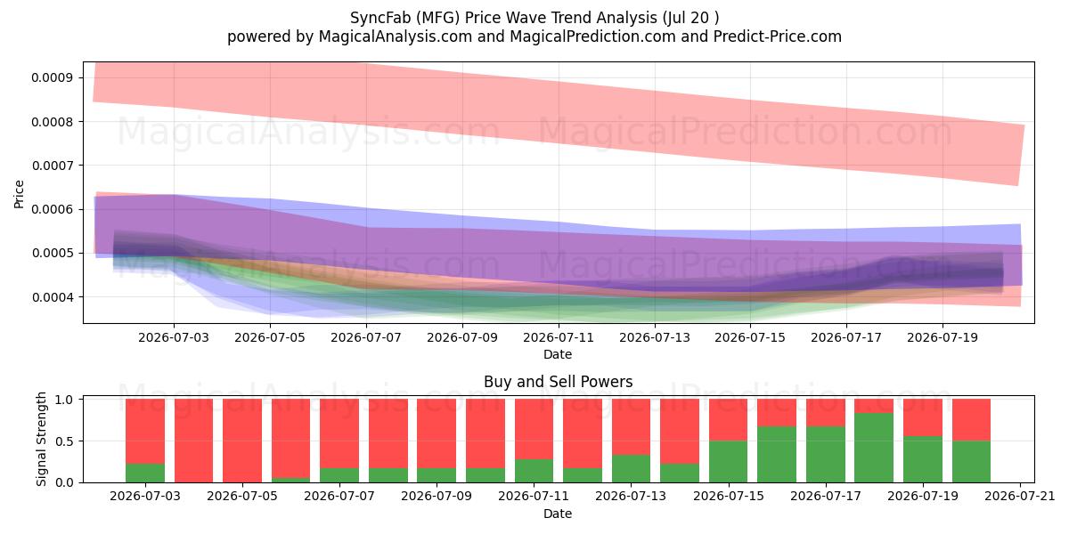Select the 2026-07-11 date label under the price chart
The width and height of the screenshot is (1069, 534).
click(559, 337)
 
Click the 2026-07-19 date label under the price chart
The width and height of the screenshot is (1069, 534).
click(943, 337)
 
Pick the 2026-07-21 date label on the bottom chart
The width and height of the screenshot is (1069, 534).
click(1020, 497)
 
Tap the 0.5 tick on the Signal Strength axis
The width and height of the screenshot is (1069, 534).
click(64, 441)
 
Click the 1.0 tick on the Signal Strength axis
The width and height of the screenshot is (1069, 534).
click(64, 400)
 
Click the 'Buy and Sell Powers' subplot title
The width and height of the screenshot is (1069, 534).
click(559, 382)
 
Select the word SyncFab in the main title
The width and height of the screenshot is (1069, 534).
click(380, 18)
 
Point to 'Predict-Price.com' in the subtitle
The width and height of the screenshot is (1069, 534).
click(778, 36)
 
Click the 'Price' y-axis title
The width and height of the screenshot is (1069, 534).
click(19, 194)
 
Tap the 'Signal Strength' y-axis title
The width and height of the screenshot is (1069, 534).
click(41, 439)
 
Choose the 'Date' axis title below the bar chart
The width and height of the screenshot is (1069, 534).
click(558, 514)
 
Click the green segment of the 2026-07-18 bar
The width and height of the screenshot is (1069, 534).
click(874, 448)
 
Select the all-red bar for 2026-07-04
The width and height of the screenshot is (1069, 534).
click(194, 441)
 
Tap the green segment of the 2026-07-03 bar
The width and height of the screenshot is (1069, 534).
click(145, 473)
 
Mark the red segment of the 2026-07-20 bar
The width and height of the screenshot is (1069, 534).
click(971, 420)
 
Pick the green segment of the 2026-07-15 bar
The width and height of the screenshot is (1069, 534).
click(729, 462)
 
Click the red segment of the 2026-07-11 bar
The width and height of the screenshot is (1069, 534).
click(534, 429)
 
